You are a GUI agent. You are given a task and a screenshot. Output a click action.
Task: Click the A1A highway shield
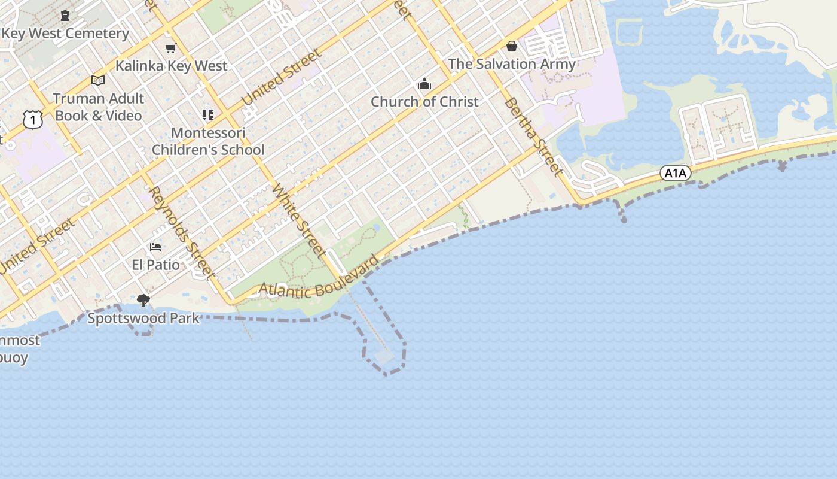(676, 174)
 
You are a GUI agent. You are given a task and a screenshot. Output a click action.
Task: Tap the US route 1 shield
(33, 120)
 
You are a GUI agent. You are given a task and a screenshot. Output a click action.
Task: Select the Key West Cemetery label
(65, 34)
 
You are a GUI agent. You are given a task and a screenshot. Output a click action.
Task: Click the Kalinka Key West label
(172, 66)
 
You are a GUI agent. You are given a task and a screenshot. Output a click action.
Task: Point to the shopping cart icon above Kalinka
(171, 48)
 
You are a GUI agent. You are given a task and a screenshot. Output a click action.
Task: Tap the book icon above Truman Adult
(98, 80)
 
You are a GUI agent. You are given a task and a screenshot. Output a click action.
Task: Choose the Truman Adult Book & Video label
(99, 107)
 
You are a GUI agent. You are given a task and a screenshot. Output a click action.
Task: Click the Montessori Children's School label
(208, 141)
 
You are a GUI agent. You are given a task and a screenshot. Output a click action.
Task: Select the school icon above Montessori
(208, 114)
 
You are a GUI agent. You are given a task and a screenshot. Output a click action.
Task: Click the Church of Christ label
(424, 102)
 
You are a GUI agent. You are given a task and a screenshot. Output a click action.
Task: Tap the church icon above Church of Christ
(424, 84)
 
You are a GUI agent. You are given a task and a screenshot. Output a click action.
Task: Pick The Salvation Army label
(512, 64)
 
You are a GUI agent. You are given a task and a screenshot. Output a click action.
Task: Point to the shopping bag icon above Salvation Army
(512, 46)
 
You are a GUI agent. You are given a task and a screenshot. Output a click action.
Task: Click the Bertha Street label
(533, 137)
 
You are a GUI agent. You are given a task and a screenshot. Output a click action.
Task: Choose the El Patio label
(155, 265)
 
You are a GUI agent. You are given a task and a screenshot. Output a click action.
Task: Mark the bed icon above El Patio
(155, 247)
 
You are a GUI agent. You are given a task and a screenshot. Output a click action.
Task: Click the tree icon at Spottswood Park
(143, 300)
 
